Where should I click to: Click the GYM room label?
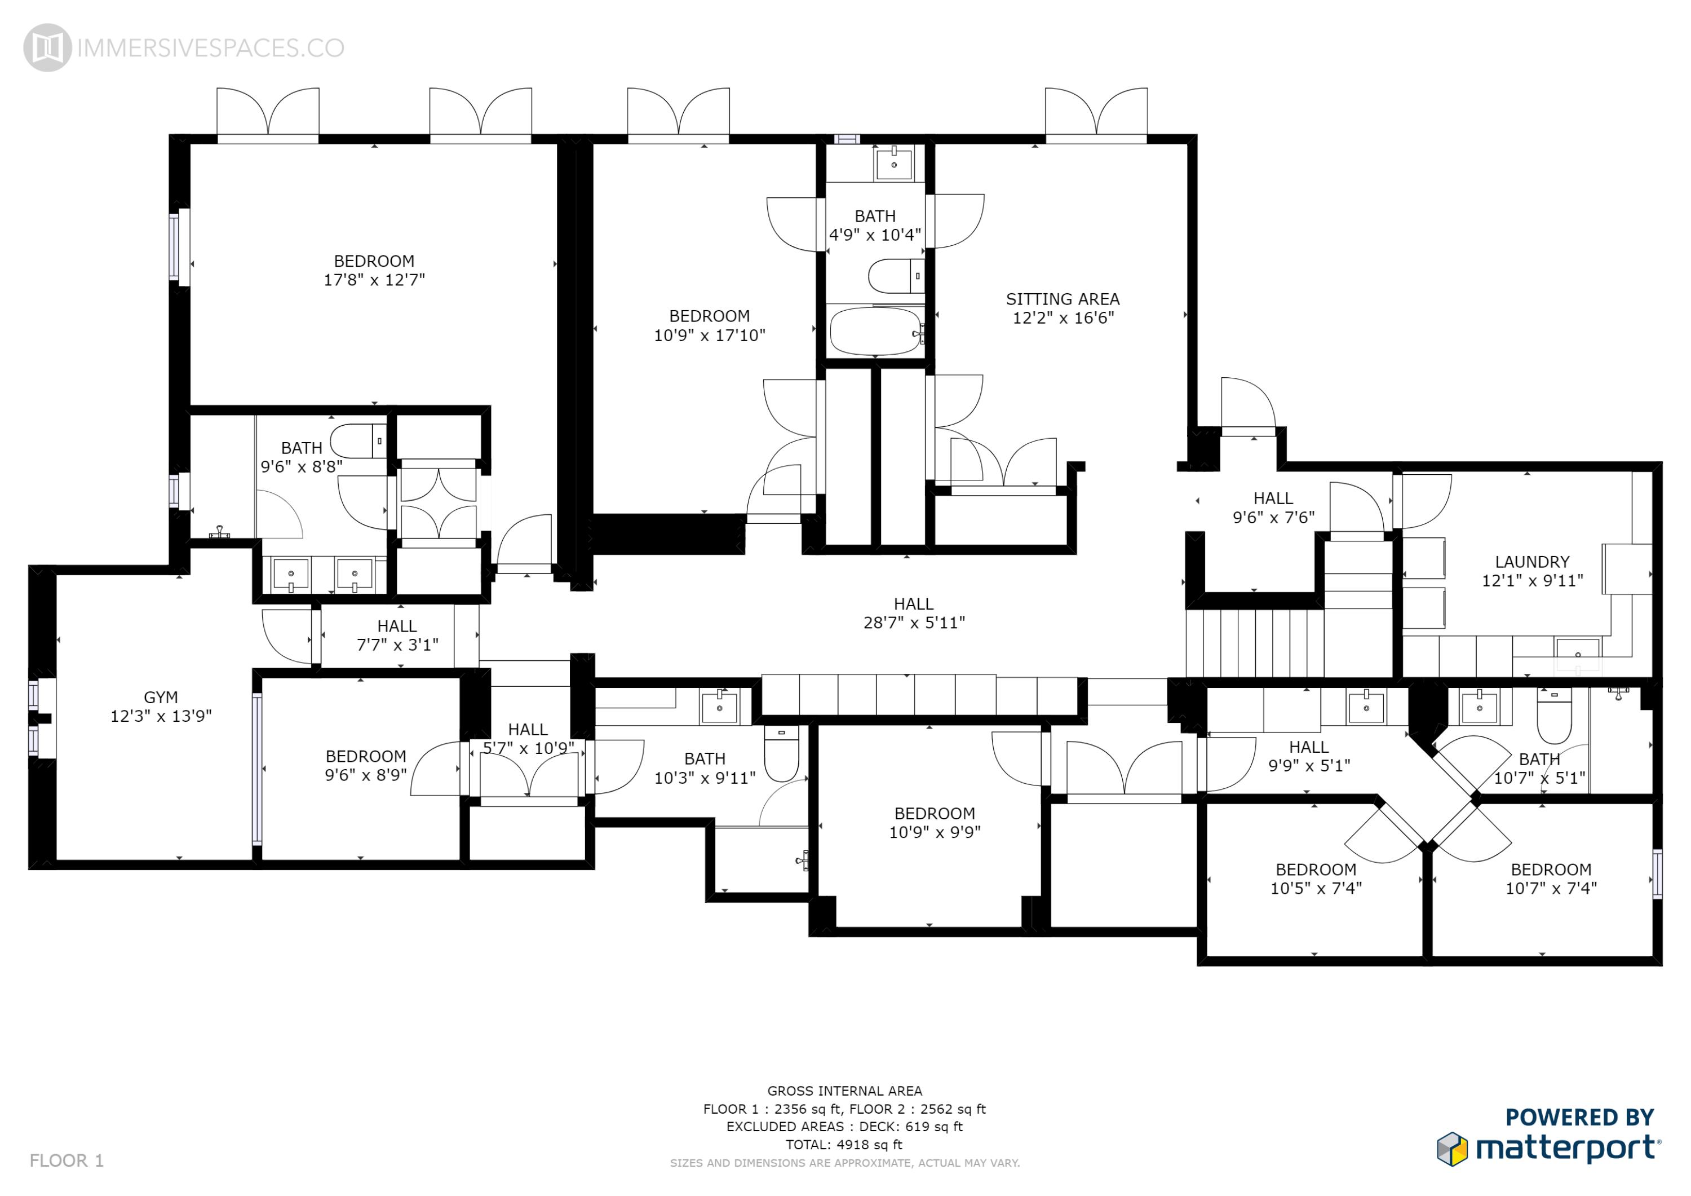(x=161, y=697)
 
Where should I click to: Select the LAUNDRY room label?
(x=1532, y=562)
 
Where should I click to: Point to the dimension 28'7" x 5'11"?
(x=913, y=623)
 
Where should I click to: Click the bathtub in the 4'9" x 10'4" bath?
(x=875, y=332)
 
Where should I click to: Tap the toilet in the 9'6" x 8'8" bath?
(x=357, y=440)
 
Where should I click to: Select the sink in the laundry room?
(x=1578, y=651)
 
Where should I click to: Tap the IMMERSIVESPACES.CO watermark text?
(x=210, y=48)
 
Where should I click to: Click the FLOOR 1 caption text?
(x=67, y=1160)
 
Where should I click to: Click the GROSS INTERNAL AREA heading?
(x=844, y=1091)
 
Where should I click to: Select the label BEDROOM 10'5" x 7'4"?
(x=1316, y=879)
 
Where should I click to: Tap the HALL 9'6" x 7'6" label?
(x=1273, y=507)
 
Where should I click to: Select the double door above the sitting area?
(x=1096, y=114)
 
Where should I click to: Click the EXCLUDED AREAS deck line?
(x=844, y=1126)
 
